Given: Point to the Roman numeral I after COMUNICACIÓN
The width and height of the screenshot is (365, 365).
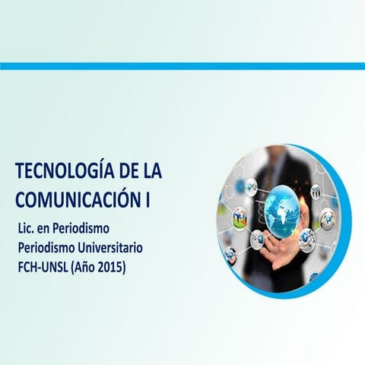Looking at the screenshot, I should coord(147,200).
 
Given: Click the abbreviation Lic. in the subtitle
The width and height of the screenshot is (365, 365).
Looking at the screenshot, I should coord(27,228).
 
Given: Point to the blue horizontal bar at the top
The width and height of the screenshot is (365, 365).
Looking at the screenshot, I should coord(182,66).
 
